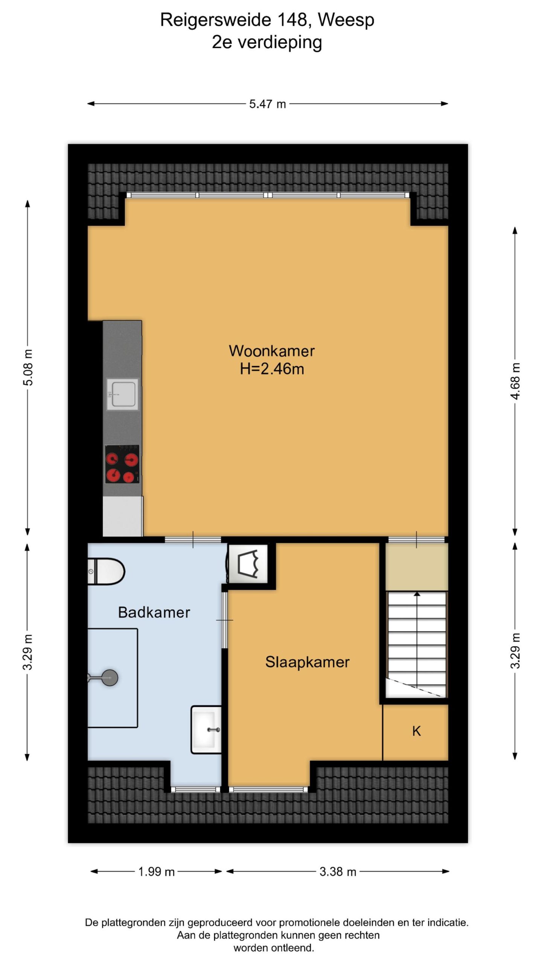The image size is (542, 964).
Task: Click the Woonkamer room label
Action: (271, 351)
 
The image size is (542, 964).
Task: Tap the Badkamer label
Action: (154, 612)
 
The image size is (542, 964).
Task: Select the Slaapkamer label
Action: (307, 662)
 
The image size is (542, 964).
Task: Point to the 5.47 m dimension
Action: (267, 104)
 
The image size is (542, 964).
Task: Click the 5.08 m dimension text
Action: (28, 367)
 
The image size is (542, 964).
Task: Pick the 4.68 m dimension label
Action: (515, 381)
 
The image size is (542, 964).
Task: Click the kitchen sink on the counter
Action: (122, 394)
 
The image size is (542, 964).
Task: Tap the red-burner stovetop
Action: (122, 464)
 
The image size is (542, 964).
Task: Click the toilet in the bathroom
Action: (106, 571)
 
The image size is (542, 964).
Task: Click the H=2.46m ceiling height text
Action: (272, 369)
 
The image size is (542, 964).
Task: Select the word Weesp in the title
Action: (346, 20)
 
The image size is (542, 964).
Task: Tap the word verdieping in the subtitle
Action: (280, 43)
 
